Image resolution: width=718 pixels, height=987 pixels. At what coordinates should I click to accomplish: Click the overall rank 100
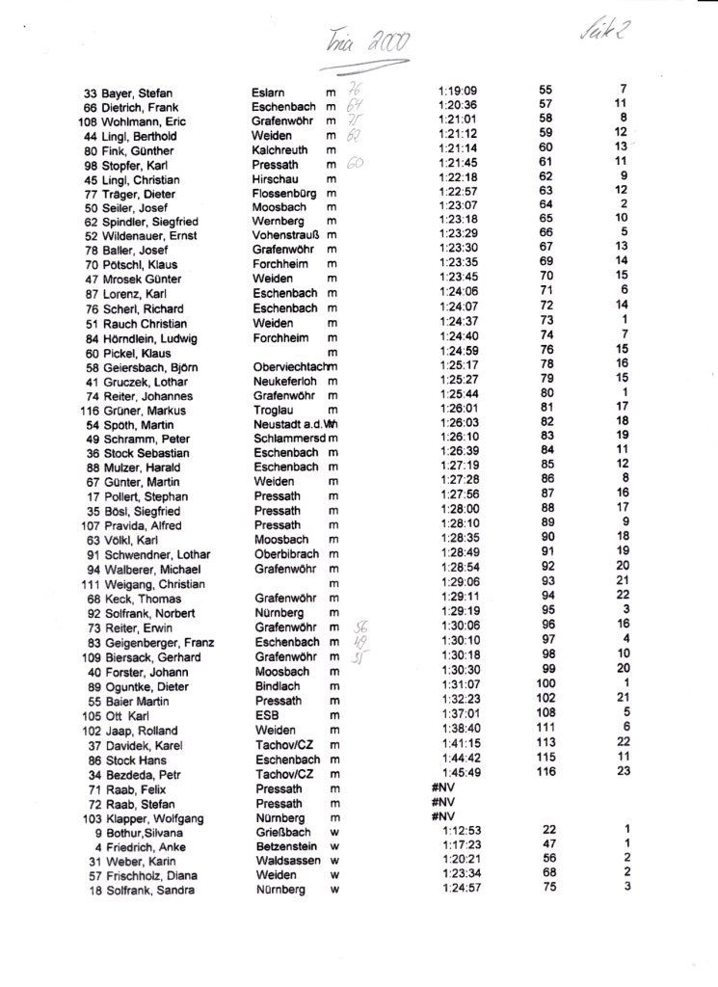(x=545, y=683)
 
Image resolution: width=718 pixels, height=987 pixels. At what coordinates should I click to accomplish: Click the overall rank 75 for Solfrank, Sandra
(x=549, y=888)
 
